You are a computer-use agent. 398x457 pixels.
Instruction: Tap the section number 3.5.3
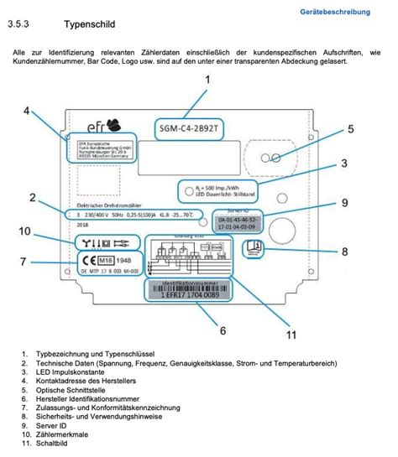coord(19,28)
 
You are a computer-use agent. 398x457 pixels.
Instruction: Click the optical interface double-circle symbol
coord(271,158)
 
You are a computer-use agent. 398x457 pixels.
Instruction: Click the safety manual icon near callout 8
coord(253,247)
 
